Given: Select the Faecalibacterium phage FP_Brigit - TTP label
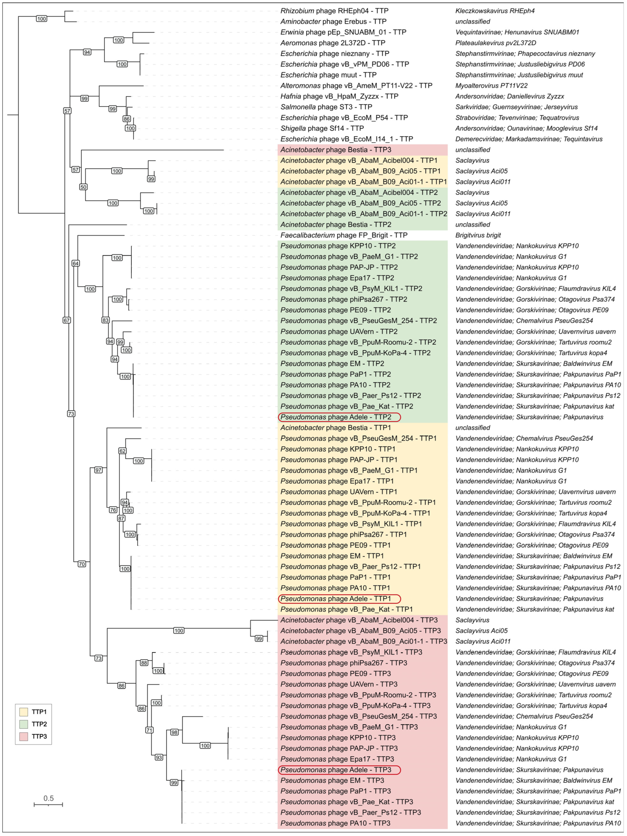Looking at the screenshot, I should click(344, 235).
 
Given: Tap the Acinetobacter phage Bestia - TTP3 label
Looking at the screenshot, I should click(336, 150).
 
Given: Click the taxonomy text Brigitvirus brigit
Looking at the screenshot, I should click(478, 235).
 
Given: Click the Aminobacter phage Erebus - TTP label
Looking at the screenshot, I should click(333, 22).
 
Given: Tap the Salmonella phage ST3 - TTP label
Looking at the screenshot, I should click(326, 107).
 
